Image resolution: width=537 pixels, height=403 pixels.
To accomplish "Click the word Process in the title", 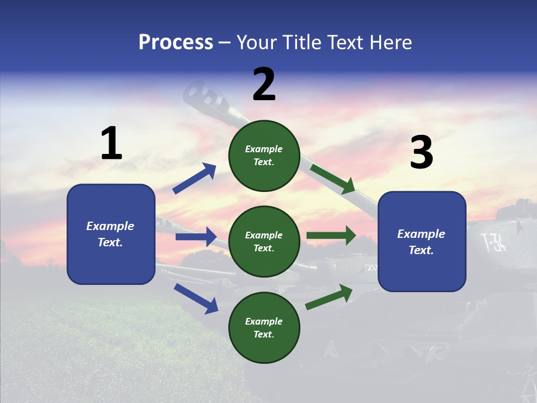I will [176, 43].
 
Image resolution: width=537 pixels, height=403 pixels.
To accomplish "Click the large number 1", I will [111, 144].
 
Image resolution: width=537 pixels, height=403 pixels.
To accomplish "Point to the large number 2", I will [264, 85].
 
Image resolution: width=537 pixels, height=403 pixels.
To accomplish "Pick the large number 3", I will [421, 153].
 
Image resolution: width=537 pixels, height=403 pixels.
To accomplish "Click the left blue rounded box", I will [111, 234].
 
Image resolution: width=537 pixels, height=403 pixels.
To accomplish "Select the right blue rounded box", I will [422, 241].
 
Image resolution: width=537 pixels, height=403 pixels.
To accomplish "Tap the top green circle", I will [264, 156].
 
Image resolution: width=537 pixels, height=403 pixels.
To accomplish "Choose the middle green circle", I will [264, 241].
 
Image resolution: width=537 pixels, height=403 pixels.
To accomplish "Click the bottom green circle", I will [264, 327].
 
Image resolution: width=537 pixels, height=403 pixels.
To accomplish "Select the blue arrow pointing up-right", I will [195, 179].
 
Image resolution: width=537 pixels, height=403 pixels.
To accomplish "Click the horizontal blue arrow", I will [196, 237].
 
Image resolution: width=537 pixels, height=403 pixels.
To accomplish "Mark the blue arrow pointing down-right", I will [196, 298].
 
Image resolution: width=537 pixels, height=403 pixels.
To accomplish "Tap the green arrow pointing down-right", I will [333, 179].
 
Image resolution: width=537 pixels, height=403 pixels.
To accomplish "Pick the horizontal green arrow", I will [331, 236].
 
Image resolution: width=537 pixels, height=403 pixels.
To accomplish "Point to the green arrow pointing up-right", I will [329, 297].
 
